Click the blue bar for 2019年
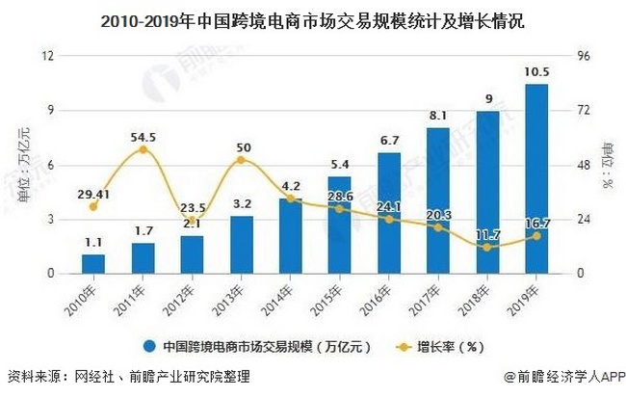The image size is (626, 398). click(x=537, y=179)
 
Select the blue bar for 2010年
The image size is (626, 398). click(x=93, y=263)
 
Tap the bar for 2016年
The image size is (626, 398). click(x=389, y=213)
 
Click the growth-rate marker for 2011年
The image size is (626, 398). click(x=143, y=150)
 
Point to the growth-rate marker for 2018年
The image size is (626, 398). click(x=487, y=247)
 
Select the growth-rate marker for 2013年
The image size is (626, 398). click(x=242, y=160)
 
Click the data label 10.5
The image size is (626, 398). click(x=537, y=72)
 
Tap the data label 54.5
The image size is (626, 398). click(x=143, y=137)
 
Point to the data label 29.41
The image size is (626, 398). click(x=93, y=193)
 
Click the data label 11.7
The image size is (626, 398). click(x=487, y=234)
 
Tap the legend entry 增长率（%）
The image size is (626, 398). click(x=447, y=344)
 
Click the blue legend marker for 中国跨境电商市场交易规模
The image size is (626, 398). click(x=150, y=344)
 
